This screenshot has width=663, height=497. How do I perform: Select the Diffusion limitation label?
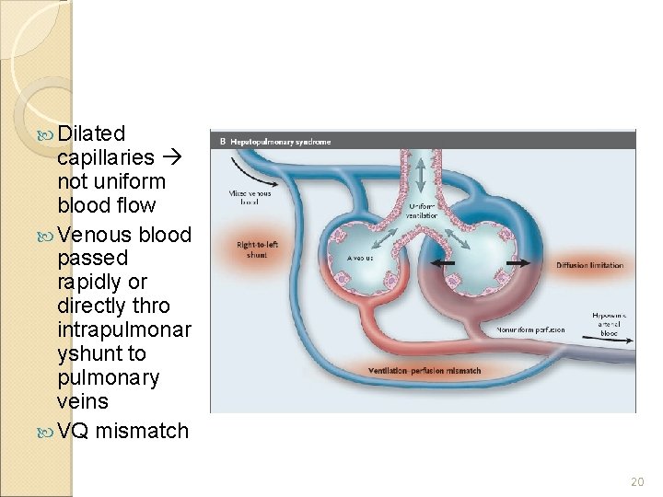click(x=590, y=265)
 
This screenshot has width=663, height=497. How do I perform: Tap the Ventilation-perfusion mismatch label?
click(x=424, y=371)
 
